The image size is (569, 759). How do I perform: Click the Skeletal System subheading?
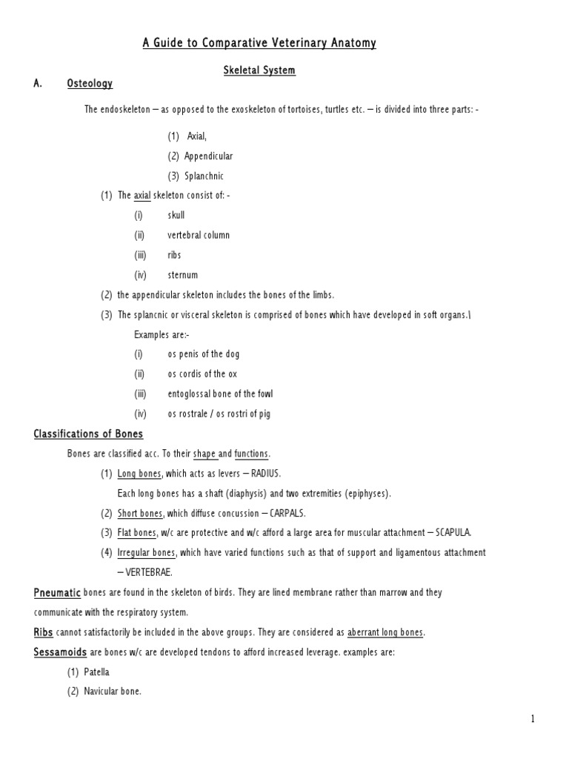[x=259, y=70]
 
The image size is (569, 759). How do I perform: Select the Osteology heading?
[x=90, y=84]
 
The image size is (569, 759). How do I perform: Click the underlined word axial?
[x=142, y=196]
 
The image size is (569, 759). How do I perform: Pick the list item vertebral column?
[x=199, y=235]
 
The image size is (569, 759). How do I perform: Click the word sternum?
[x=182, y=275]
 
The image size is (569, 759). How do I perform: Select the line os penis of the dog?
[x=204, y=354]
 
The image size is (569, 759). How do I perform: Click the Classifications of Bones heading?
[x=88, y=434]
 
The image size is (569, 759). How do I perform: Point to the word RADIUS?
[x=267, y=474]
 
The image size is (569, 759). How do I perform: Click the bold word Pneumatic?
[x=60, y=593]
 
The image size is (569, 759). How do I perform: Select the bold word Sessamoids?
[x=61, y=652]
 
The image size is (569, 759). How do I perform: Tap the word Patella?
[x=100, y=672]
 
